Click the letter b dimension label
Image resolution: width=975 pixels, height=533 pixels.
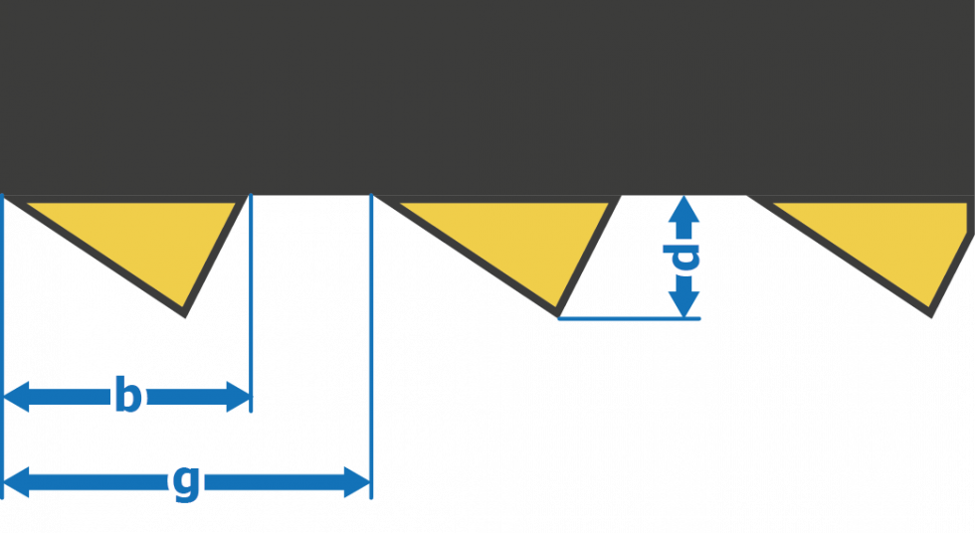point(126,397)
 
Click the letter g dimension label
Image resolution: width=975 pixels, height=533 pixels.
point(186,483)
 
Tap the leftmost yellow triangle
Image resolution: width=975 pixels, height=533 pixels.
point(149,239)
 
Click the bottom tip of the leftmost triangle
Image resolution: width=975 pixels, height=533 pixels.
point(184,314)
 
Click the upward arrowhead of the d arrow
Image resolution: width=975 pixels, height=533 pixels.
point(683,209)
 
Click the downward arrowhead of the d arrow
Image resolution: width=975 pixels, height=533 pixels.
point(683,305)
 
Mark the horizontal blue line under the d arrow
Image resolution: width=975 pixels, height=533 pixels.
point(627,319)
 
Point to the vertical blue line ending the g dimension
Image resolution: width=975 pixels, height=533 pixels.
point(371,348)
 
